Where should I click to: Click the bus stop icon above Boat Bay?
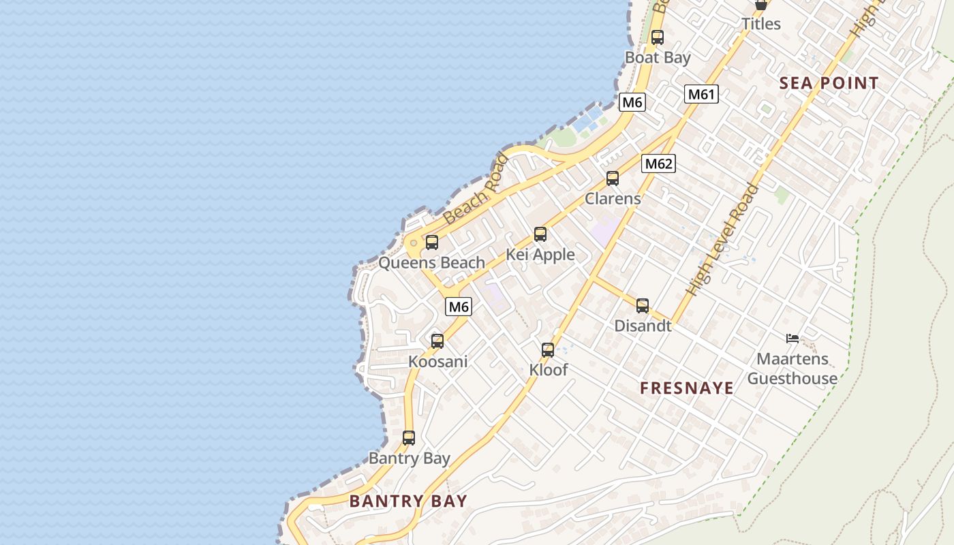657,37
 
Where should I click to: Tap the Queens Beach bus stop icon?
431,243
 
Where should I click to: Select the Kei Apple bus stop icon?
540,234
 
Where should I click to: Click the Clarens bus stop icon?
613,178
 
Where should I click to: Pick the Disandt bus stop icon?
643,306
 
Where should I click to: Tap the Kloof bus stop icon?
548,350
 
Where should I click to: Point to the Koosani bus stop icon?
437,341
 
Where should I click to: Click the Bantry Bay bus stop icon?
409,438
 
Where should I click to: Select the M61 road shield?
701,94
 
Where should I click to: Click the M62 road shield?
658,163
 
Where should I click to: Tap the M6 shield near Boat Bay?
632,103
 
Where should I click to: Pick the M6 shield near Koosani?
459,307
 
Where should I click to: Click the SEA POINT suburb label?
829,83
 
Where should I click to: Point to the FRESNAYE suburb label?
687,388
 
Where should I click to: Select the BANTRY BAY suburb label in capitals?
408,501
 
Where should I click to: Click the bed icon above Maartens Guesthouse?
792,338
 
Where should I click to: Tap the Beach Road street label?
476,190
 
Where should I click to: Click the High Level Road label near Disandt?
722,240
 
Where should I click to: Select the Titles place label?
761,24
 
